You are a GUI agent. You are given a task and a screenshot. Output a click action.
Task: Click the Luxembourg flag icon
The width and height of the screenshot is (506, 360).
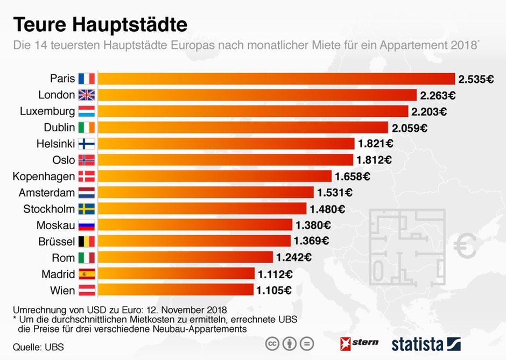pos(86,111)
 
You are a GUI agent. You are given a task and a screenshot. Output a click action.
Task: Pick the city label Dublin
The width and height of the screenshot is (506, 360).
pos(59,128)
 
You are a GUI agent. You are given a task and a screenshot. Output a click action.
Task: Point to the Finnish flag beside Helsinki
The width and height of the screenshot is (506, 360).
pos(86,144)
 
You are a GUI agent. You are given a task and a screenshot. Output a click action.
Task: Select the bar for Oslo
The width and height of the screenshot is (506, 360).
pos(225,160)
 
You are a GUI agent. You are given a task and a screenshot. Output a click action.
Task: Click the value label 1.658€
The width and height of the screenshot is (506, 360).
pos(353,177)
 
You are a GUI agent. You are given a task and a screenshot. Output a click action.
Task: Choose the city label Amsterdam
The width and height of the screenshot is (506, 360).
pos(47,193)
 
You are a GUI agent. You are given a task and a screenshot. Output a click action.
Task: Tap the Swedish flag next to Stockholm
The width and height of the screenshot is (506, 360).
pos(86,209)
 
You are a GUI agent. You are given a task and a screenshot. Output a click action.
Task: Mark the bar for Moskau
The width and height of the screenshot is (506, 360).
pos(194,225)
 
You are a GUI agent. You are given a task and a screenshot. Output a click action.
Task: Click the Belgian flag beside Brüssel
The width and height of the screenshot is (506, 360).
pos(86,241)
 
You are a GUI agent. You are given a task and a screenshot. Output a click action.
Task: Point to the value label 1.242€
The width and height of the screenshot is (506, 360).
pos(293,258)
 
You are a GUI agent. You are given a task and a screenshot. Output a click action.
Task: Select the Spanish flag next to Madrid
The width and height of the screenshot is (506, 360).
pos(86,274)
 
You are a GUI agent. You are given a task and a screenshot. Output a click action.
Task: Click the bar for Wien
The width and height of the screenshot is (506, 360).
pos(175,290)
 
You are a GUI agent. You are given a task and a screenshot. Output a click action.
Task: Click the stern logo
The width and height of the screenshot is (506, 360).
pos(360,343)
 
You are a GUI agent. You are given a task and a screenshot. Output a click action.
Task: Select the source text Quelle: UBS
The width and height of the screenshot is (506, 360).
pos(38,347)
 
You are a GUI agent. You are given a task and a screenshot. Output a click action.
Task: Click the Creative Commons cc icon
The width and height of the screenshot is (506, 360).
pos(272,343)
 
